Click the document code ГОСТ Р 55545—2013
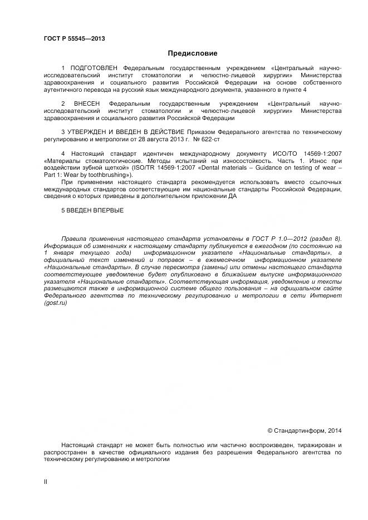tap(74, 38)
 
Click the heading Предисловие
tap(193, 53)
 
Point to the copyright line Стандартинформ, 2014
tap(305, 430)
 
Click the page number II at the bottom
tap(46, 482)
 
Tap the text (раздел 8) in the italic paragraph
tap(326, 238)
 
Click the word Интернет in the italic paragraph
tap(325, 296)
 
